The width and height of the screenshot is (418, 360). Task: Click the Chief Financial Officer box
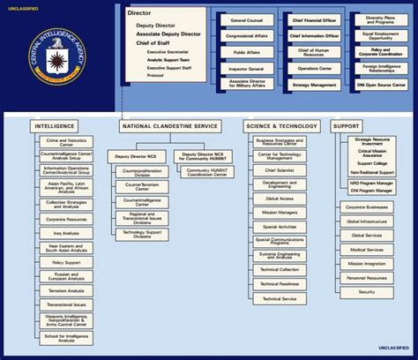click(315, 19)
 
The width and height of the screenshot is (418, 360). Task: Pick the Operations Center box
click(315, 68)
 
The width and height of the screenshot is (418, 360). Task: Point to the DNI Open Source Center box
click(382, 85)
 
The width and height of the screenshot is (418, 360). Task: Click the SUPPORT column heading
click(347, 126)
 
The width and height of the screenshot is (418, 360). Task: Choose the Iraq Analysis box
click(67, 234)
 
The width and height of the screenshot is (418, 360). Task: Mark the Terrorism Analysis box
click(67, 290)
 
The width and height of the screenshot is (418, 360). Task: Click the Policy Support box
click(67, 262)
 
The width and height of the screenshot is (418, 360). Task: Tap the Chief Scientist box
click(280, 169)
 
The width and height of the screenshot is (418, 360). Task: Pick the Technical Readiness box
click(280, 284)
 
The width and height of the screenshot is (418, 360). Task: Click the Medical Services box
click(368, 250)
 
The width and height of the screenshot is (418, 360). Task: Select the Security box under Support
click(368, 292)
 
